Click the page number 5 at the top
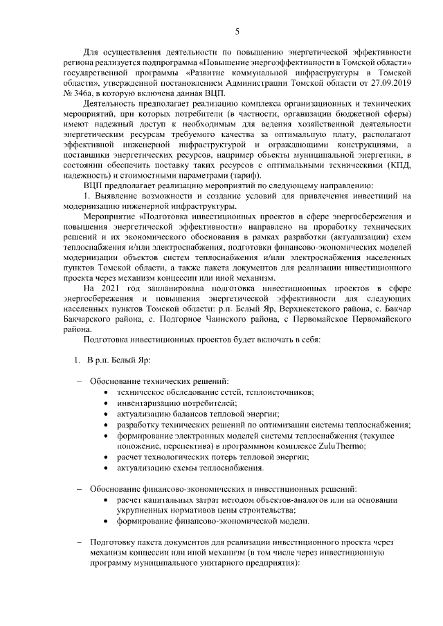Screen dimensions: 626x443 tap(237, 32)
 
